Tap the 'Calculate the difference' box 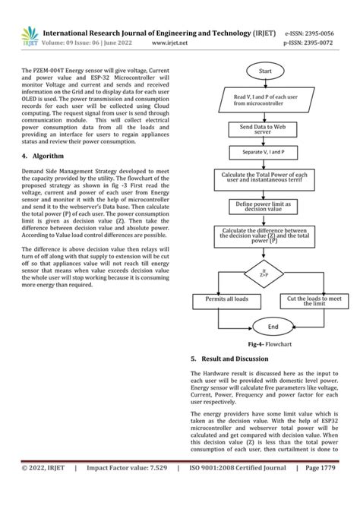click(x=266, y=236)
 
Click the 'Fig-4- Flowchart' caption click(x=265, y=344)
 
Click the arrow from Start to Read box click(x=266, y=82)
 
